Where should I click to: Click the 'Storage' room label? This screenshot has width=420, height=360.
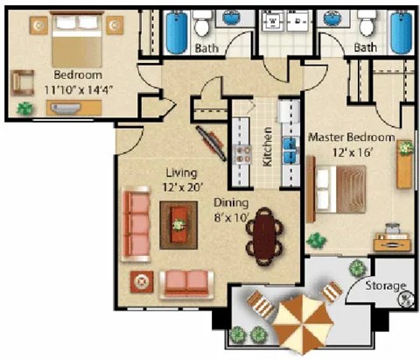coord(386,286)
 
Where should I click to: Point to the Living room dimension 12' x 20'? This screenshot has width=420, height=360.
coord(181,187)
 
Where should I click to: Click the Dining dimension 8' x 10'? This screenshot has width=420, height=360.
coord(233,216)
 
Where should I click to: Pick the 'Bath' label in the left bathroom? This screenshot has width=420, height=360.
coord(206,47)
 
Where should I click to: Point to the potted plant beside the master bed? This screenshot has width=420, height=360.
coord(316,239)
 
